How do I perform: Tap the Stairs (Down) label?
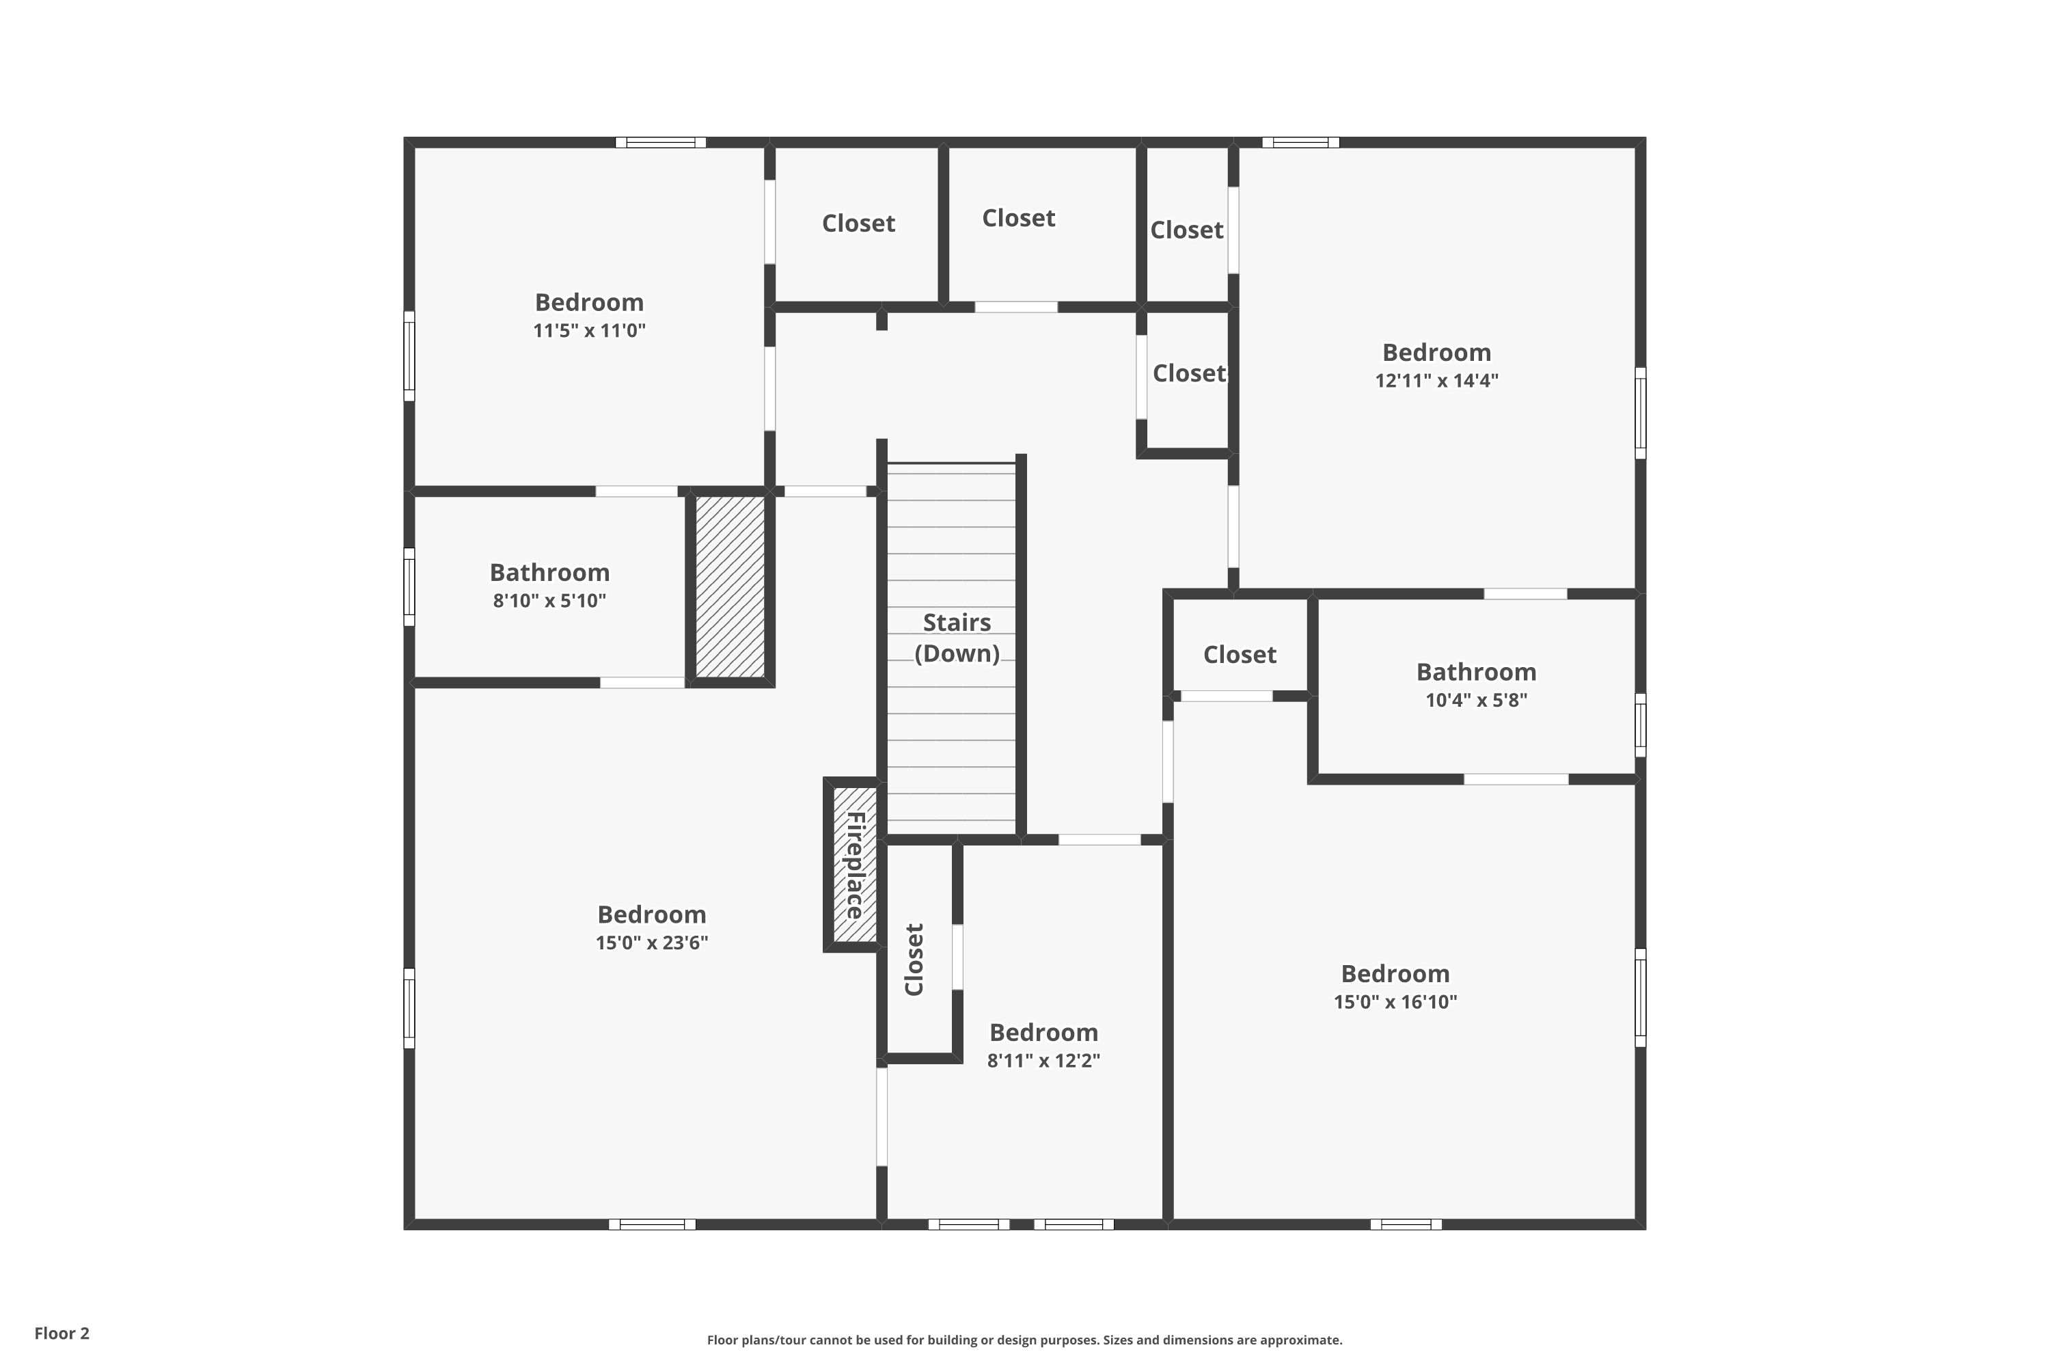(957, 638)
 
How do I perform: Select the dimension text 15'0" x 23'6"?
(652, 943)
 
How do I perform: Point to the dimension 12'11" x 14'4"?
(1437, 380)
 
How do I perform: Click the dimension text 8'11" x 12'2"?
(1043, 1060)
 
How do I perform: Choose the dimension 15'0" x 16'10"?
(1395, 1002)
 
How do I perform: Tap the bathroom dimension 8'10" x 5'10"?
(549, 601)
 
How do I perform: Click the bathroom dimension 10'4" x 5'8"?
(1477, 700)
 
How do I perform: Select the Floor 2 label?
(62, 1333)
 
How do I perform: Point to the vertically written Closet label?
(914, 960)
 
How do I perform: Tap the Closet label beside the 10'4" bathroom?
(1240, 655)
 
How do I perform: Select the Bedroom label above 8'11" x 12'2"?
(1043, 1032)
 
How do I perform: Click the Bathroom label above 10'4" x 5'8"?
(1477, 672)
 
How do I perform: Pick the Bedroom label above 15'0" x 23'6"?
(652, 915)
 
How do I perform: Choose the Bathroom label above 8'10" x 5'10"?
(549, 573)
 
